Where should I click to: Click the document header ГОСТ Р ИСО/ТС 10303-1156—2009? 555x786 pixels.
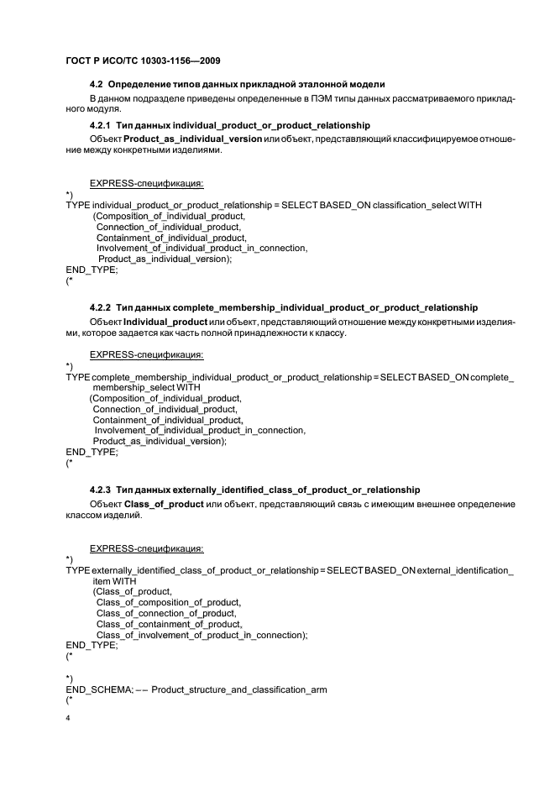(x=144, y=60)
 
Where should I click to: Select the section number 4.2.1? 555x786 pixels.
(x=102, y=125)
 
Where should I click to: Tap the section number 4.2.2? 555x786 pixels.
(x=102, y=307)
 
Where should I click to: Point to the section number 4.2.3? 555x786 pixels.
(x=102, y=490)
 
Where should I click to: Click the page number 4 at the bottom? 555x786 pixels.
(x=68, y=720)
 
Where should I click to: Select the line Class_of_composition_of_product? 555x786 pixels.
(x=169, y=602)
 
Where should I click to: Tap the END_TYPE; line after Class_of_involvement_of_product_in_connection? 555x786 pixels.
(x=92, y=646)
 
